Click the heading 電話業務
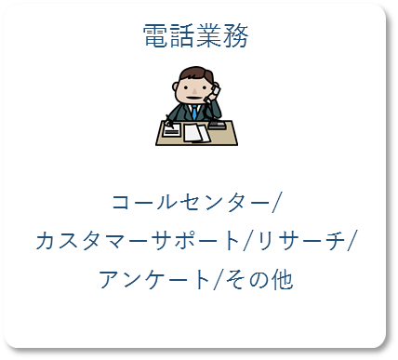coord(196,36)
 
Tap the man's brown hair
coord(195,74)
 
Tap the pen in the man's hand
coord(169,120)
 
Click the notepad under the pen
coord(172,130)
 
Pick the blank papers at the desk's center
coord(195,132)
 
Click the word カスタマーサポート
coord(137,240)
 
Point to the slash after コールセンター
coord(278,202)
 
